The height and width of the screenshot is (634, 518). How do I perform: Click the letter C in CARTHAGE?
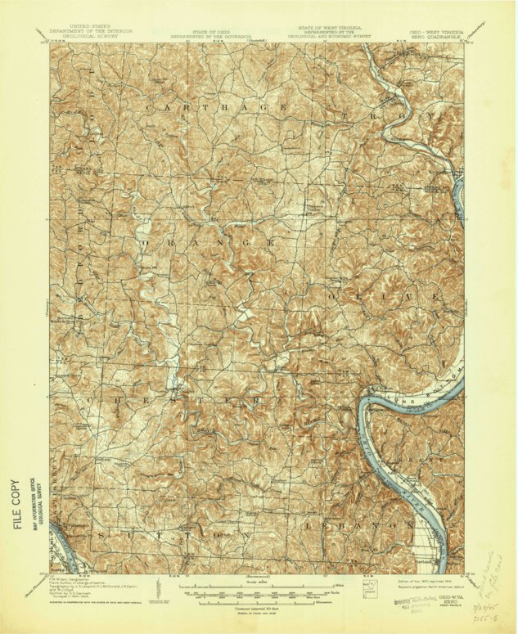point(148,107)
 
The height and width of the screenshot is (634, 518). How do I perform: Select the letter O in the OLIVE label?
point(336,293)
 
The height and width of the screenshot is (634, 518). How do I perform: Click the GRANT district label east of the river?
point(430,461)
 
